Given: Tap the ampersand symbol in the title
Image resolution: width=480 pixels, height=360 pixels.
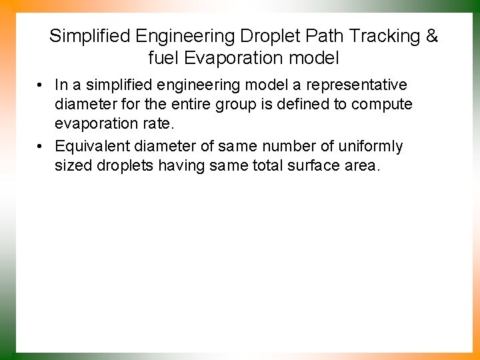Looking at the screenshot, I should point(432,36).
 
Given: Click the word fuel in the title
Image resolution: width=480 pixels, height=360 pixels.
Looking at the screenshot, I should point(164,58).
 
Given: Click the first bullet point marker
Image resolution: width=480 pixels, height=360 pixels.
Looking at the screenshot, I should point(41,85).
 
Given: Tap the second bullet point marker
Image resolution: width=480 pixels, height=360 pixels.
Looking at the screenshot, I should point(41,146).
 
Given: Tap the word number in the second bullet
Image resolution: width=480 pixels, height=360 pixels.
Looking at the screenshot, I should point(270,146).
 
